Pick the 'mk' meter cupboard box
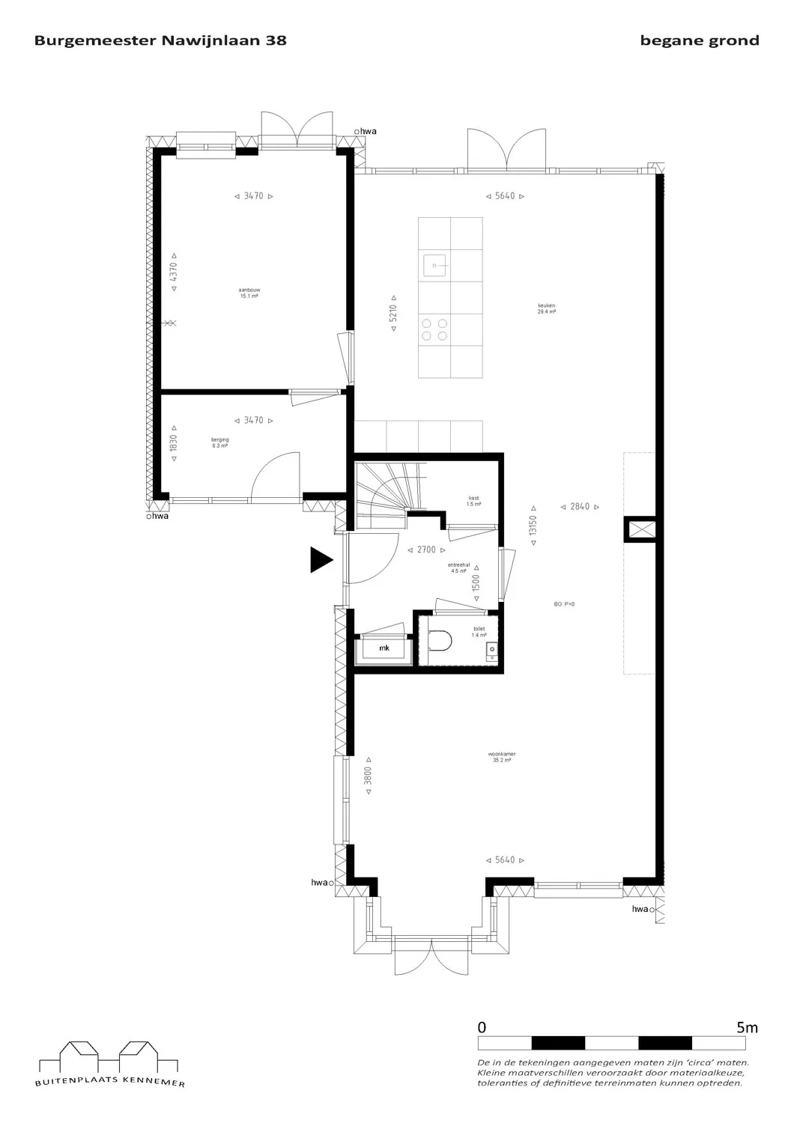pyautogui.click(x=384, y=648)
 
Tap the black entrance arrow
pyautogui.click(x=321, y=559)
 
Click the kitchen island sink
pyautogui.click(x=434, y=264)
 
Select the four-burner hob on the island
pyautogui.click(x=434, y=329)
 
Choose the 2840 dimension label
pyautogui.click(x=580, y=507)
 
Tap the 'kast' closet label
pyautogui.click(x=473, y=501)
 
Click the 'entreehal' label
pyautogui.click(x=458, y=567)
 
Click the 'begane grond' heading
pyautogui.click(x=699, y=41)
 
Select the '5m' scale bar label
pyautogui.click(x=747, y=1028)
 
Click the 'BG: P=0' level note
pyautogui.click(x=564, y=604)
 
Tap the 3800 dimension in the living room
pyautogui.click(x=368, y=779)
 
